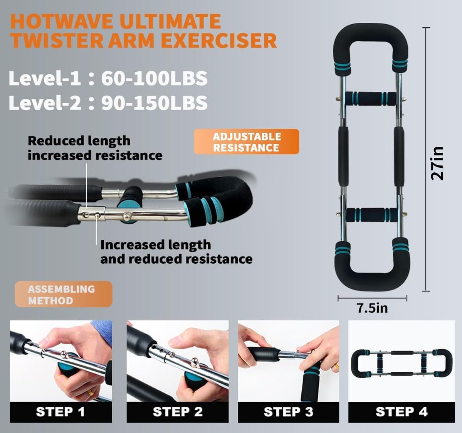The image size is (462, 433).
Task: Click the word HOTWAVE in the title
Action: (62, 22)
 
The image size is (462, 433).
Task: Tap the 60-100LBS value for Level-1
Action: (154, 78)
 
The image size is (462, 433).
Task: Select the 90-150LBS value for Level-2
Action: (154, 103)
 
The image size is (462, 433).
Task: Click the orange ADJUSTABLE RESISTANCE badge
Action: (246, 142)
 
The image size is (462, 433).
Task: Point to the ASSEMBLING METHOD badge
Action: (63, 295)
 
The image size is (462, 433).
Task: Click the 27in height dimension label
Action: (437, 163)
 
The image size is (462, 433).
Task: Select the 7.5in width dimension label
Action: (372, 308)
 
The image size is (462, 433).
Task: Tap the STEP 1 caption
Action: (60, 412)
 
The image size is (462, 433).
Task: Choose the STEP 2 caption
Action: (178, 412)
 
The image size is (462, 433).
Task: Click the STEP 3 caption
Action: (288, 412)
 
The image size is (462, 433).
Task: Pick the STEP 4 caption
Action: (402, 412)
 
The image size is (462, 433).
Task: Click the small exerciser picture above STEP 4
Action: (401, 363)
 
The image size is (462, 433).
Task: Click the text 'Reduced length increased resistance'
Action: (95, 148)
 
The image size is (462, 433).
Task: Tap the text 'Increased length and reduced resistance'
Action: (176, 252)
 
